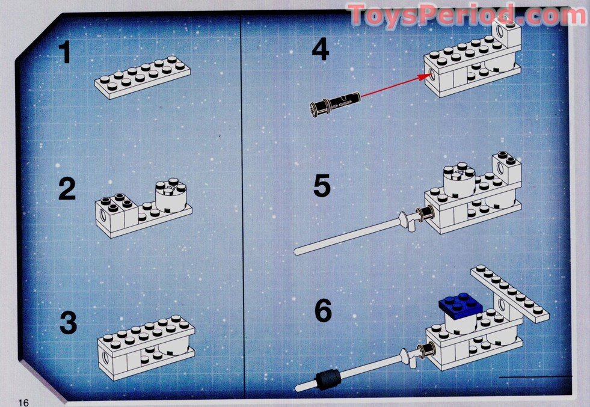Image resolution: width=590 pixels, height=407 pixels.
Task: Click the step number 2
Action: [67, 189]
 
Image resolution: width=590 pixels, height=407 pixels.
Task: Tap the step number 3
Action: [68, 323]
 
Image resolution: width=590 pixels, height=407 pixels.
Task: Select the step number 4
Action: [320, 49]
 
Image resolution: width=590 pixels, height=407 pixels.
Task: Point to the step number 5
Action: [322, 186]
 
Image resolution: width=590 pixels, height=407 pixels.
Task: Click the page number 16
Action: [24, 401]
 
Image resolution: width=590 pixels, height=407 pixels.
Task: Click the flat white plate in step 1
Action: [143, 76]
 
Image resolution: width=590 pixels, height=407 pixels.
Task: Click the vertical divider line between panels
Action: [242, 204]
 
